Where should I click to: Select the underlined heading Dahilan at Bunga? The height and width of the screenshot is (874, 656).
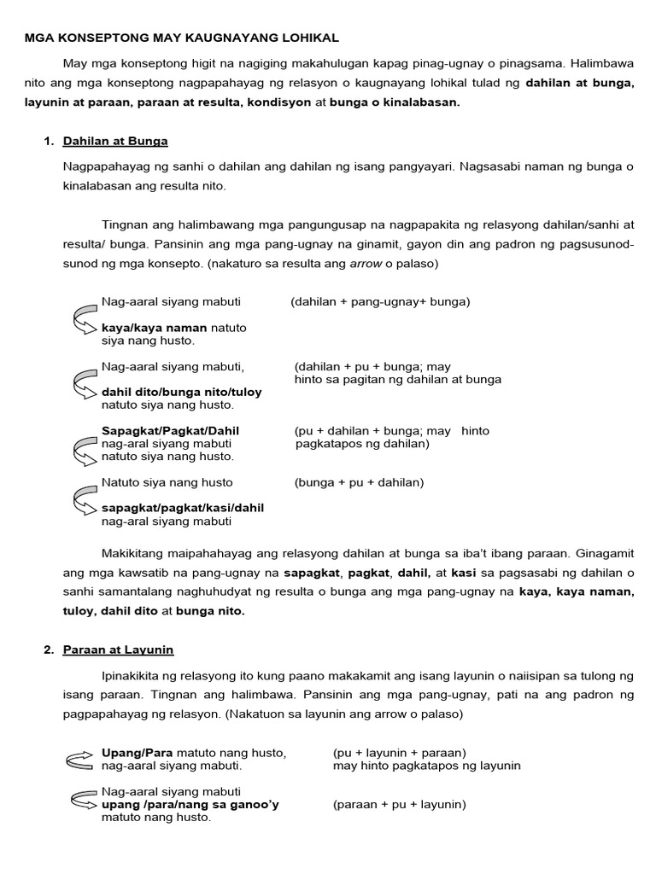(x=114, y=141)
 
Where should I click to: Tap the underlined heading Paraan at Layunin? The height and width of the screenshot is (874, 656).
(x=118, y=650)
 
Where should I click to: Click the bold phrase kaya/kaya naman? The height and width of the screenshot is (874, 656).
(x=154, y=328)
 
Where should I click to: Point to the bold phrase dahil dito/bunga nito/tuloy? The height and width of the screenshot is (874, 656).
(x=181, y=392)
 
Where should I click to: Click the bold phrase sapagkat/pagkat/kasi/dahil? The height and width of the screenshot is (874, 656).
(x=182, y=508)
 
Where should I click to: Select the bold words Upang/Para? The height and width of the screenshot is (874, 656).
(x=137, y=753)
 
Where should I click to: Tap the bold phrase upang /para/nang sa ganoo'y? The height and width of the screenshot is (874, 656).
(x=190, y=804)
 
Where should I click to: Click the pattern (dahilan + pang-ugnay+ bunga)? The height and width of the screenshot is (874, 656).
(x=380, y=301)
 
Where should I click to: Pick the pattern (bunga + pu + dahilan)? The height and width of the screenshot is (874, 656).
(x=359, y=482)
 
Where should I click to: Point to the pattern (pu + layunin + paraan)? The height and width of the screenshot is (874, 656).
(x=399, y=753)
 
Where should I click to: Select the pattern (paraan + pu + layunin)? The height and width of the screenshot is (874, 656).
(x=399, y=804)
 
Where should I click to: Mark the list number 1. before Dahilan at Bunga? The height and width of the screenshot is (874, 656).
(x=49, y=141)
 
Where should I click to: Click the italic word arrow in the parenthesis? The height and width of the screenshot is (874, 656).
(x=366, y=264)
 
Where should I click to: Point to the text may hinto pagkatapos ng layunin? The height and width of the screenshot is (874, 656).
(x=426, y=766)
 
